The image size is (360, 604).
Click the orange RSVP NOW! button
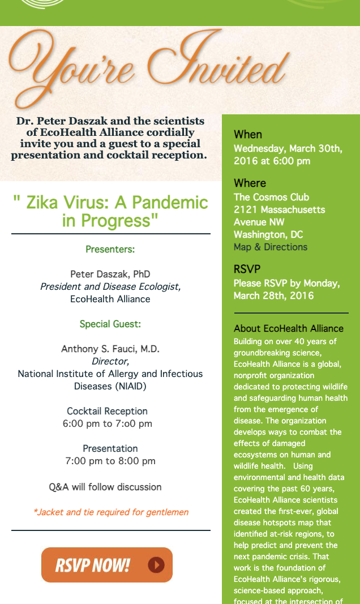pos(106,565)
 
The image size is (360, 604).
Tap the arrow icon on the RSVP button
pos(156,565)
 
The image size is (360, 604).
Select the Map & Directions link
pos(271,247)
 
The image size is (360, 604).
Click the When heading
pos(248,134)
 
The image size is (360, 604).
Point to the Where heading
pos(250,183)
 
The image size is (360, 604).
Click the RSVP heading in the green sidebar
pos(247,269)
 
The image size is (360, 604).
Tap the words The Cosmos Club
pos(272,197)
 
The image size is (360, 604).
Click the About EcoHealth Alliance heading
pos(289,328)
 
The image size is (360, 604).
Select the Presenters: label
pos(110,249)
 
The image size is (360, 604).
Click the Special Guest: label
pos(110,324)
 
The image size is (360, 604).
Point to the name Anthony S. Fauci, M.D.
pos(110,349)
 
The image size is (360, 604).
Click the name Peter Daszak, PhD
pos(110,274)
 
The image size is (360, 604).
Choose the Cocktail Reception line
pos(108,411)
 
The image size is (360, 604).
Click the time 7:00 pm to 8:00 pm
pos(110,461)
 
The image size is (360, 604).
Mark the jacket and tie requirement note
pos(111,512)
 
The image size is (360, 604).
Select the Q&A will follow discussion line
pos(105,487)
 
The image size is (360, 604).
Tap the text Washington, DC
pos(268,234)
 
